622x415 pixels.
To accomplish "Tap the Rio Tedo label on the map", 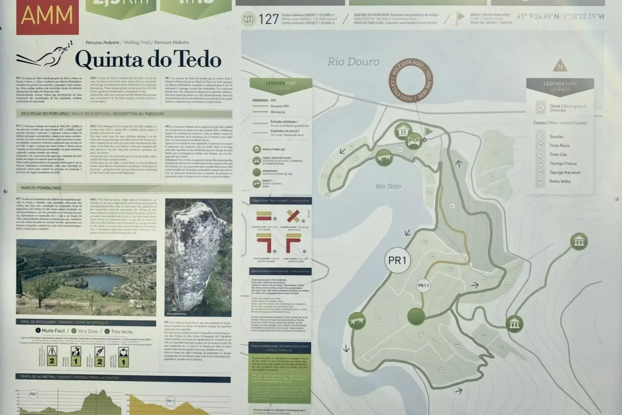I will (387, 186).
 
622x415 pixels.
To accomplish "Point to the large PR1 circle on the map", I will (397, 260).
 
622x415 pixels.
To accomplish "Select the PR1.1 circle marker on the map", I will (423, 285).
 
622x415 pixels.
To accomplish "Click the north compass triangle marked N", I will (560, 65).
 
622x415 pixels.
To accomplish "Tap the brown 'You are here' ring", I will (410, 80).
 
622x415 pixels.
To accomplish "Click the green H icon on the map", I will (403, 131).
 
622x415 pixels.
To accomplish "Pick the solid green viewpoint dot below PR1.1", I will (416, 316).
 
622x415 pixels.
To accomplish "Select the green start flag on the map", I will (428, 132).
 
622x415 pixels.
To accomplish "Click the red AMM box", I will (47, 17).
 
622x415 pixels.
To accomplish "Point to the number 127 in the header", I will (268, 20).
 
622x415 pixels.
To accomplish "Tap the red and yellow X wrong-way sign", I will (293, 216).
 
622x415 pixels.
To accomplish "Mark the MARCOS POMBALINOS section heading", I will (41, 187).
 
